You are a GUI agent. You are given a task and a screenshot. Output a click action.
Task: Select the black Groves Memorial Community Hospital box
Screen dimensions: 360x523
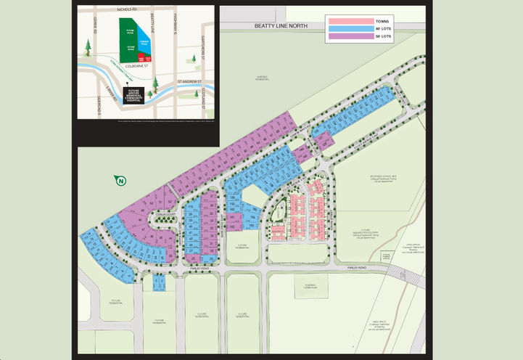tap(134, 94)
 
